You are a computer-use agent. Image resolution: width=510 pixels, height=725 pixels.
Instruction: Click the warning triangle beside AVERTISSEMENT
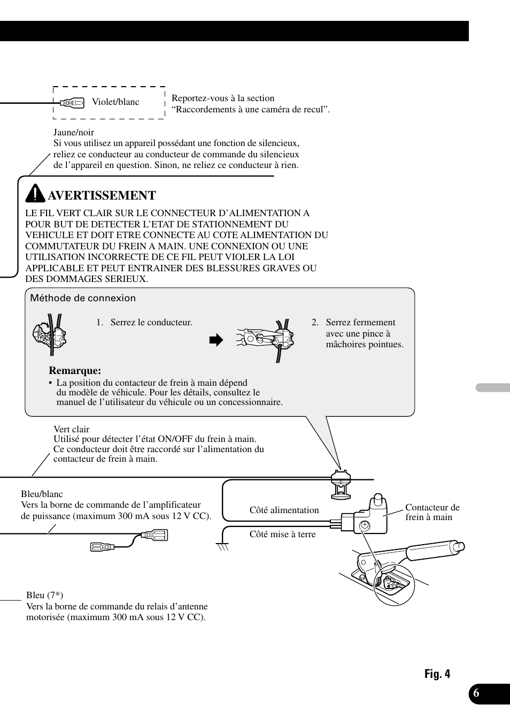[x=35, y=193]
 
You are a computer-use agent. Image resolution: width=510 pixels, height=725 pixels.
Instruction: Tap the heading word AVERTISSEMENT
[x=102, y=195]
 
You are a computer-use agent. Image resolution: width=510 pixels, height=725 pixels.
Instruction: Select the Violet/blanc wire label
[x=115, y=102]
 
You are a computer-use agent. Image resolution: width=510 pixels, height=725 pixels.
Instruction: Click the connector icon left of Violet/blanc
[x=72, y=102]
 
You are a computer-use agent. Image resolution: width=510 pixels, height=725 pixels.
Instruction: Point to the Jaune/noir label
[x=74, y=132]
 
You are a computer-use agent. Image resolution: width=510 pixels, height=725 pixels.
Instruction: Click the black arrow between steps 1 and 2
[x=215, y=340]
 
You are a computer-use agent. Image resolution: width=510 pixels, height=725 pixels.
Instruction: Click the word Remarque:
[x=75, y=371]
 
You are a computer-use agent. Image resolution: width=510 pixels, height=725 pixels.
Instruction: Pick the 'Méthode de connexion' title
[x=83, y=298]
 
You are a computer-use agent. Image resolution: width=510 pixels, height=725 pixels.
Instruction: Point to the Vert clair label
[x=72, y=429]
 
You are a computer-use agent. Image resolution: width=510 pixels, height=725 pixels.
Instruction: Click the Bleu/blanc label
[x=42, y=494]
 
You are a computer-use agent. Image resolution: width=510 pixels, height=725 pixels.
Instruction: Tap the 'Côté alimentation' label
[x=284, y=510]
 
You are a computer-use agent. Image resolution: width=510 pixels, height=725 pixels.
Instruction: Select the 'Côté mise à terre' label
[x=282, y=534]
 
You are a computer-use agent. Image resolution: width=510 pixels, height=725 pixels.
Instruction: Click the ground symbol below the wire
[x=223, y=547]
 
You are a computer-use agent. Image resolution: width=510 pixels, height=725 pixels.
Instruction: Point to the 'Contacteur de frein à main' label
[x=432, y=512]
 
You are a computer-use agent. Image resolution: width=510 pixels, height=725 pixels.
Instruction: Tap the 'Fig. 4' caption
[x=437, y=674]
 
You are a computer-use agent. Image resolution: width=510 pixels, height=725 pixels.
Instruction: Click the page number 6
[x=476, y=693]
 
